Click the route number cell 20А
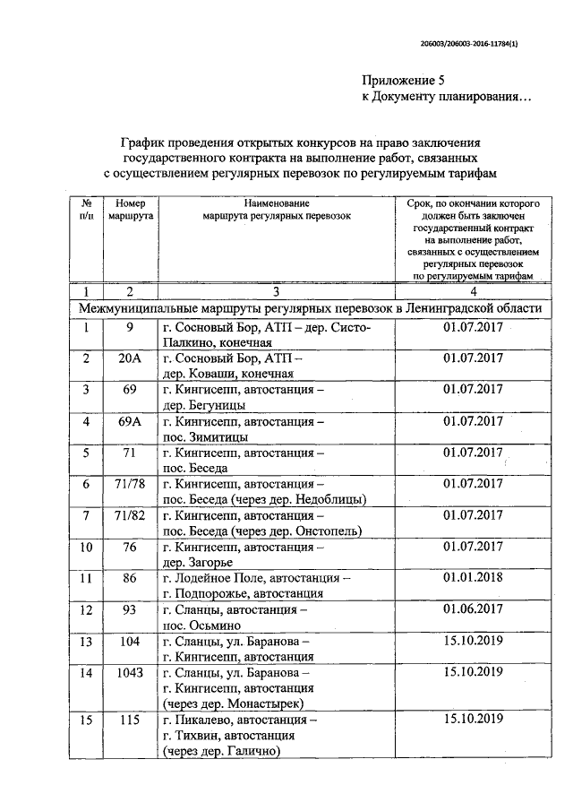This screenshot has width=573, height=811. tap(130, 358)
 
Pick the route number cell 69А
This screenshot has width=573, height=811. tap(130, 420)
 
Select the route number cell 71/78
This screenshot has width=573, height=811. tap(130, 483)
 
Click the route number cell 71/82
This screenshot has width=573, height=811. tap(130, 514)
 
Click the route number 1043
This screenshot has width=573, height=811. tap(130, 671)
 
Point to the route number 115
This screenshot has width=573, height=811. tap(130, 719)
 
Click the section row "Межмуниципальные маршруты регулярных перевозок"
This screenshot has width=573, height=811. tap(310, 308)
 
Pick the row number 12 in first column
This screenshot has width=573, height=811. tap(87, 609)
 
